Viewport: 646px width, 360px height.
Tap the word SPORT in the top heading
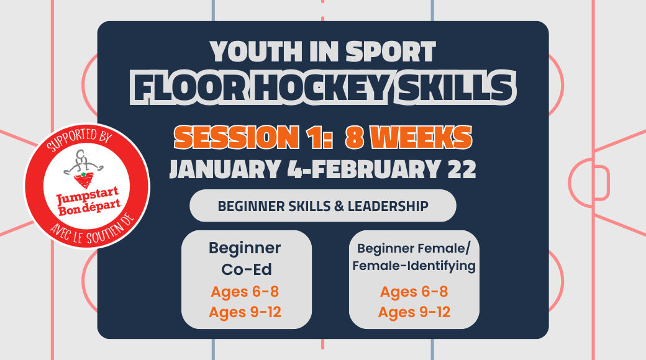(390, 52)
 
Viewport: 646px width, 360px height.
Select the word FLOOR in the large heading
(189, 88)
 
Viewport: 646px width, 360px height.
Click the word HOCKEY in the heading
(321, 88)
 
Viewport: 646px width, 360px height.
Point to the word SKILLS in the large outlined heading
(454, 88)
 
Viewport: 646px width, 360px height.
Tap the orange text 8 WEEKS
(409, 137)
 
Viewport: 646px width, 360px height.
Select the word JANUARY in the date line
(226, 169)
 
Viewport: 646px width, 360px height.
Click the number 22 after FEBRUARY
(462, 169)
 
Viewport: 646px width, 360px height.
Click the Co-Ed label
(247, 270)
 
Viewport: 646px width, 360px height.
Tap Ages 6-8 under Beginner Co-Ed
(245, 292)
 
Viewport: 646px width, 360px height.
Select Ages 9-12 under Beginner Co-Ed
(245, 312)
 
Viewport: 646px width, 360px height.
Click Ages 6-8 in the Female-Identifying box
(414, 292)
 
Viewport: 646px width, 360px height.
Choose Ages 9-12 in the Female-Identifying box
(414, 312)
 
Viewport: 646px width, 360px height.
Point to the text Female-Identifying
(414, 266)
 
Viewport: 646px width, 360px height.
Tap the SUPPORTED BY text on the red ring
(78, 138)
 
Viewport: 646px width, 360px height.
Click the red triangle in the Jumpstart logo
(84, 181)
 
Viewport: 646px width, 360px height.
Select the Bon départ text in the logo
(89, 208)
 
